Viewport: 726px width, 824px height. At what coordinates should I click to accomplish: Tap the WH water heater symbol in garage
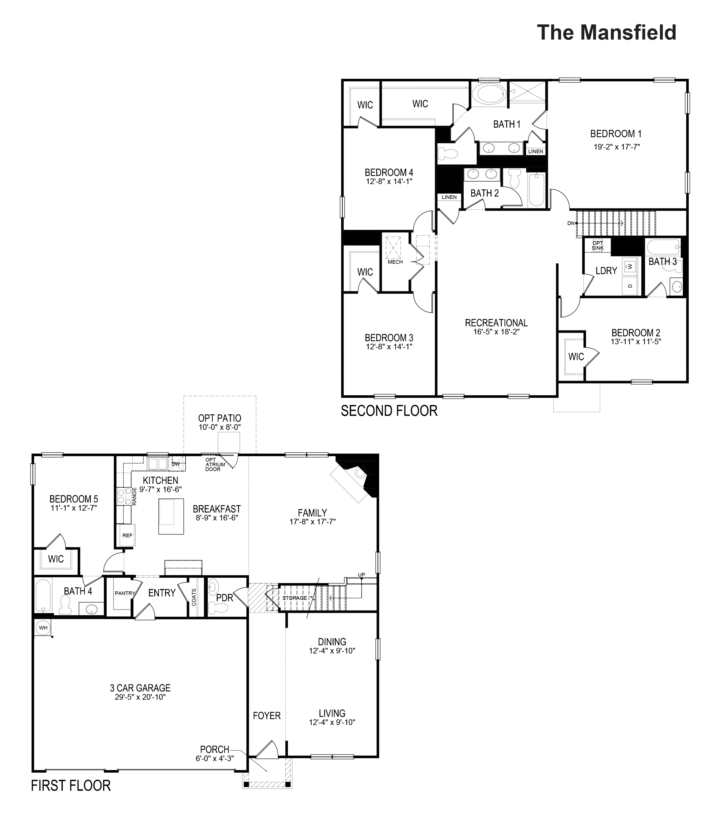click(43, 628)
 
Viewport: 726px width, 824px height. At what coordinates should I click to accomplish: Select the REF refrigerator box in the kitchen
click(127, 535)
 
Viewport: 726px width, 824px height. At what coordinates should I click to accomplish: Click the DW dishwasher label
click(175, 464)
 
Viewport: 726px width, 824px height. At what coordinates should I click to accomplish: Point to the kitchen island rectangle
click(171, 517)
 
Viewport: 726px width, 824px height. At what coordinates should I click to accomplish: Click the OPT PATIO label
click(219, 418)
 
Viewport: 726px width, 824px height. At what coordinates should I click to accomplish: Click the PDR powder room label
click(225, 597)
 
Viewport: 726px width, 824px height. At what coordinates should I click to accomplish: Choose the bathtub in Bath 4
click(43, 596)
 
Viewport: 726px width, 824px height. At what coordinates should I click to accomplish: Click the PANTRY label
click(124, 593)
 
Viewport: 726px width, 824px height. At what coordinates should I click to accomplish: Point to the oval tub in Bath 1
click(488, 94)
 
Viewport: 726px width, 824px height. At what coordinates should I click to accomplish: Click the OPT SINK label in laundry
click(598, 245)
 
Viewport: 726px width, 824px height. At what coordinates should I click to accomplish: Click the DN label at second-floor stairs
click(571, 223)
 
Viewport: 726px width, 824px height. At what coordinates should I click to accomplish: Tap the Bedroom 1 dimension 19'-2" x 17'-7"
click(616, 147)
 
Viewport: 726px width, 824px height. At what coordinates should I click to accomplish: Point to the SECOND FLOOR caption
click(389, 411)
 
